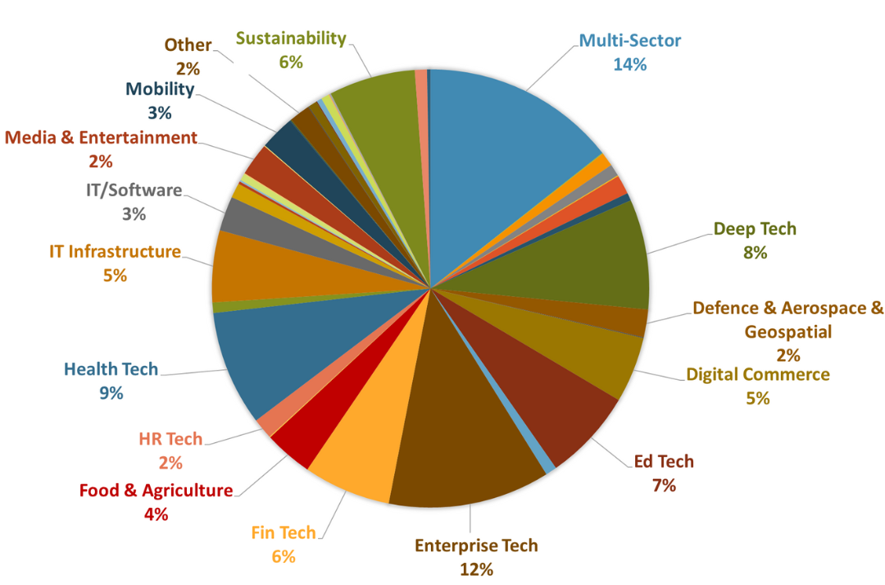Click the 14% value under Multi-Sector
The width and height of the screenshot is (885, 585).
pyautogui.click(x=629, y=64)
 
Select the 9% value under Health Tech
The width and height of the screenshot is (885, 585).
pyautogui.click(x=111, y=393)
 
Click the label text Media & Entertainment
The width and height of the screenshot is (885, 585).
pyautogui.click(x=101, y=138)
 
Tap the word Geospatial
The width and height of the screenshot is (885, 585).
pyautogui.click(x=787, y=331)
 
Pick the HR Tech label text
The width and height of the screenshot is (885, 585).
pyautogui.click(x=170, y=439)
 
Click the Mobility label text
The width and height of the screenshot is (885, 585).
pyautogui.click(x=160, y=89)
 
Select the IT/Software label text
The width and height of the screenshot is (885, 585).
pyautogui.click(x=134, y=190)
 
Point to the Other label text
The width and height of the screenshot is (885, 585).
pyautogui.click(x=188, y=44)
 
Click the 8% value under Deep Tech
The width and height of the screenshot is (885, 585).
pyautogui.click(x=755, y=253)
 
